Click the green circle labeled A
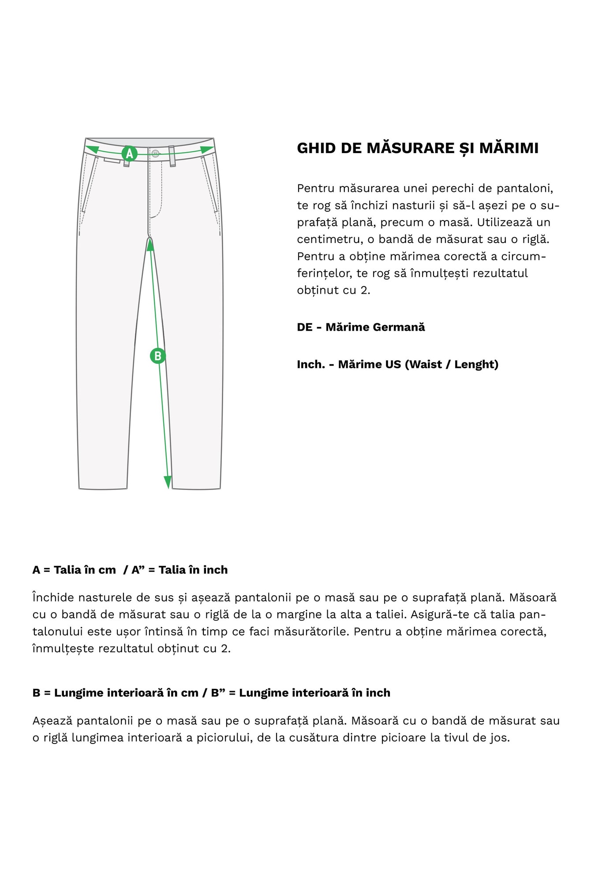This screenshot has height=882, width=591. tap(129, 153)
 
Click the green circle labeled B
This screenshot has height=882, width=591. tap(157, 355)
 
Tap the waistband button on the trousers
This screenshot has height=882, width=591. tap(155, 153)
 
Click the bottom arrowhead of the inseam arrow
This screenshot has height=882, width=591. tap(168, 482)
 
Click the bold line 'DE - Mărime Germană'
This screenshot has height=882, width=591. tap(361, 327)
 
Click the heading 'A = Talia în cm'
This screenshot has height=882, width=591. tap(74, 570)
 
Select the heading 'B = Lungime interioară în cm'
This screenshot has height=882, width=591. tap(115, 693)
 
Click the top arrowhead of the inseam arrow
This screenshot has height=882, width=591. tap(150, 244)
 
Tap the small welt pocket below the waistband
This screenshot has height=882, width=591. tap(112, 160)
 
